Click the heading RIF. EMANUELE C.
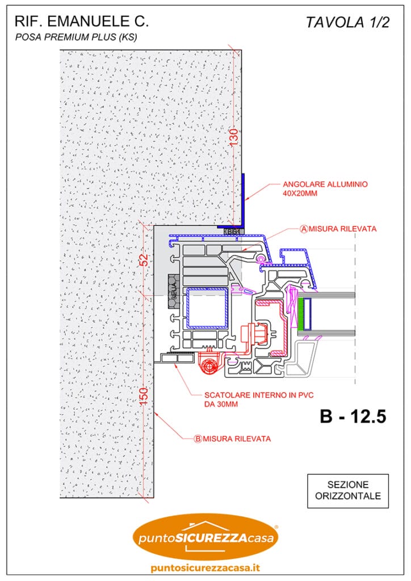[x=82, y=22]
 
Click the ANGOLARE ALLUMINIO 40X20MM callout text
[x=325, y=188]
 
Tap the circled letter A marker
[x=304, y=229]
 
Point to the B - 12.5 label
[x=353, y=416]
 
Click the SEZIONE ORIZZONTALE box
[x=347, y=491]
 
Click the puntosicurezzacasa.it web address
[x=205, y=568]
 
